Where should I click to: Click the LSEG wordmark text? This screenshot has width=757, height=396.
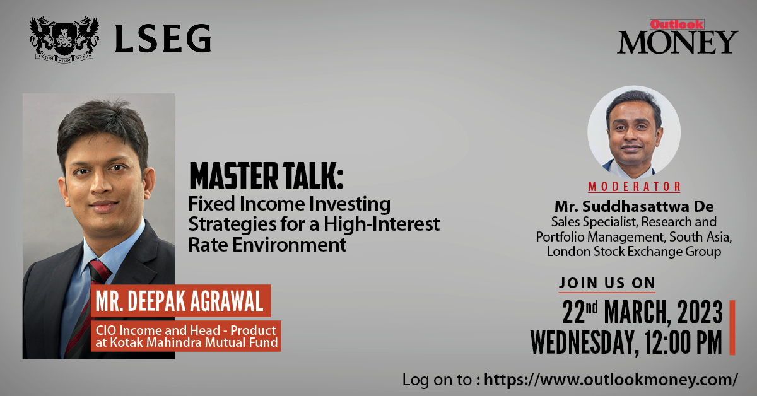pyautogui.click(x=163, y=40)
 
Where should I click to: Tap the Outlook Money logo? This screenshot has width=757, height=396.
pyautogui.click(x=677, y=37)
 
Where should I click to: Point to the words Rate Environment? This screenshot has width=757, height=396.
pyautogui.click(x=267, y=245)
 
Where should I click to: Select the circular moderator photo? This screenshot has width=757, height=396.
pyautogui.click(x=633, y=131)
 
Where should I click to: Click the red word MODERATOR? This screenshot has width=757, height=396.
pyautogui.click(x=634, y=187)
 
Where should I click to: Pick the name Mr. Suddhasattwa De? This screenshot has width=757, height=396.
pyautogui.click(x=633, y=206)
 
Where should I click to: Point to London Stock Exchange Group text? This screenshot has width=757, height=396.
pyautogui.click(x=634, y=252)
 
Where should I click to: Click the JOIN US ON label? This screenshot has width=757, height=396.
pyautogui.click(x=607, y=283)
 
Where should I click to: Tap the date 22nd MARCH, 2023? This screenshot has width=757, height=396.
pyautogui.click(x=642, y=312)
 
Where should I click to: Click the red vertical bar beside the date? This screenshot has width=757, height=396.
pyautogui.click(x=732, y=327)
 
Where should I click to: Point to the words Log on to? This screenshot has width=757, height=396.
pyautogui.click(x=437, y=380)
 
